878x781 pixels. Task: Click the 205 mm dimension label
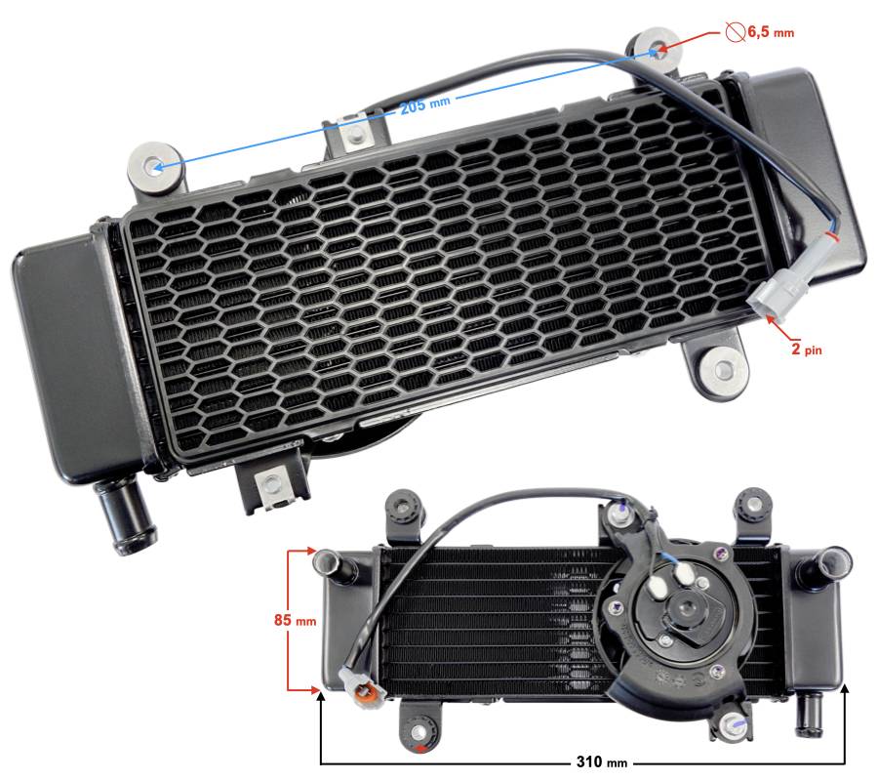click(424, 104)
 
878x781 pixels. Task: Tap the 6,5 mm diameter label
click(771, 31)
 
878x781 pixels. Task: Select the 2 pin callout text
click(807, 349)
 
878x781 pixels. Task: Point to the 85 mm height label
click(295, 620)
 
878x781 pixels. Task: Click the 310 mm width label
click(601, 761)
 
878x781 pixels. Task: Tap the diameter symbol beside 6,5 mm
click(735, 31)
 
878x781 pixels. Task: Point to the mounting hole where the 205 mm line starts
click(156, 167)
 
